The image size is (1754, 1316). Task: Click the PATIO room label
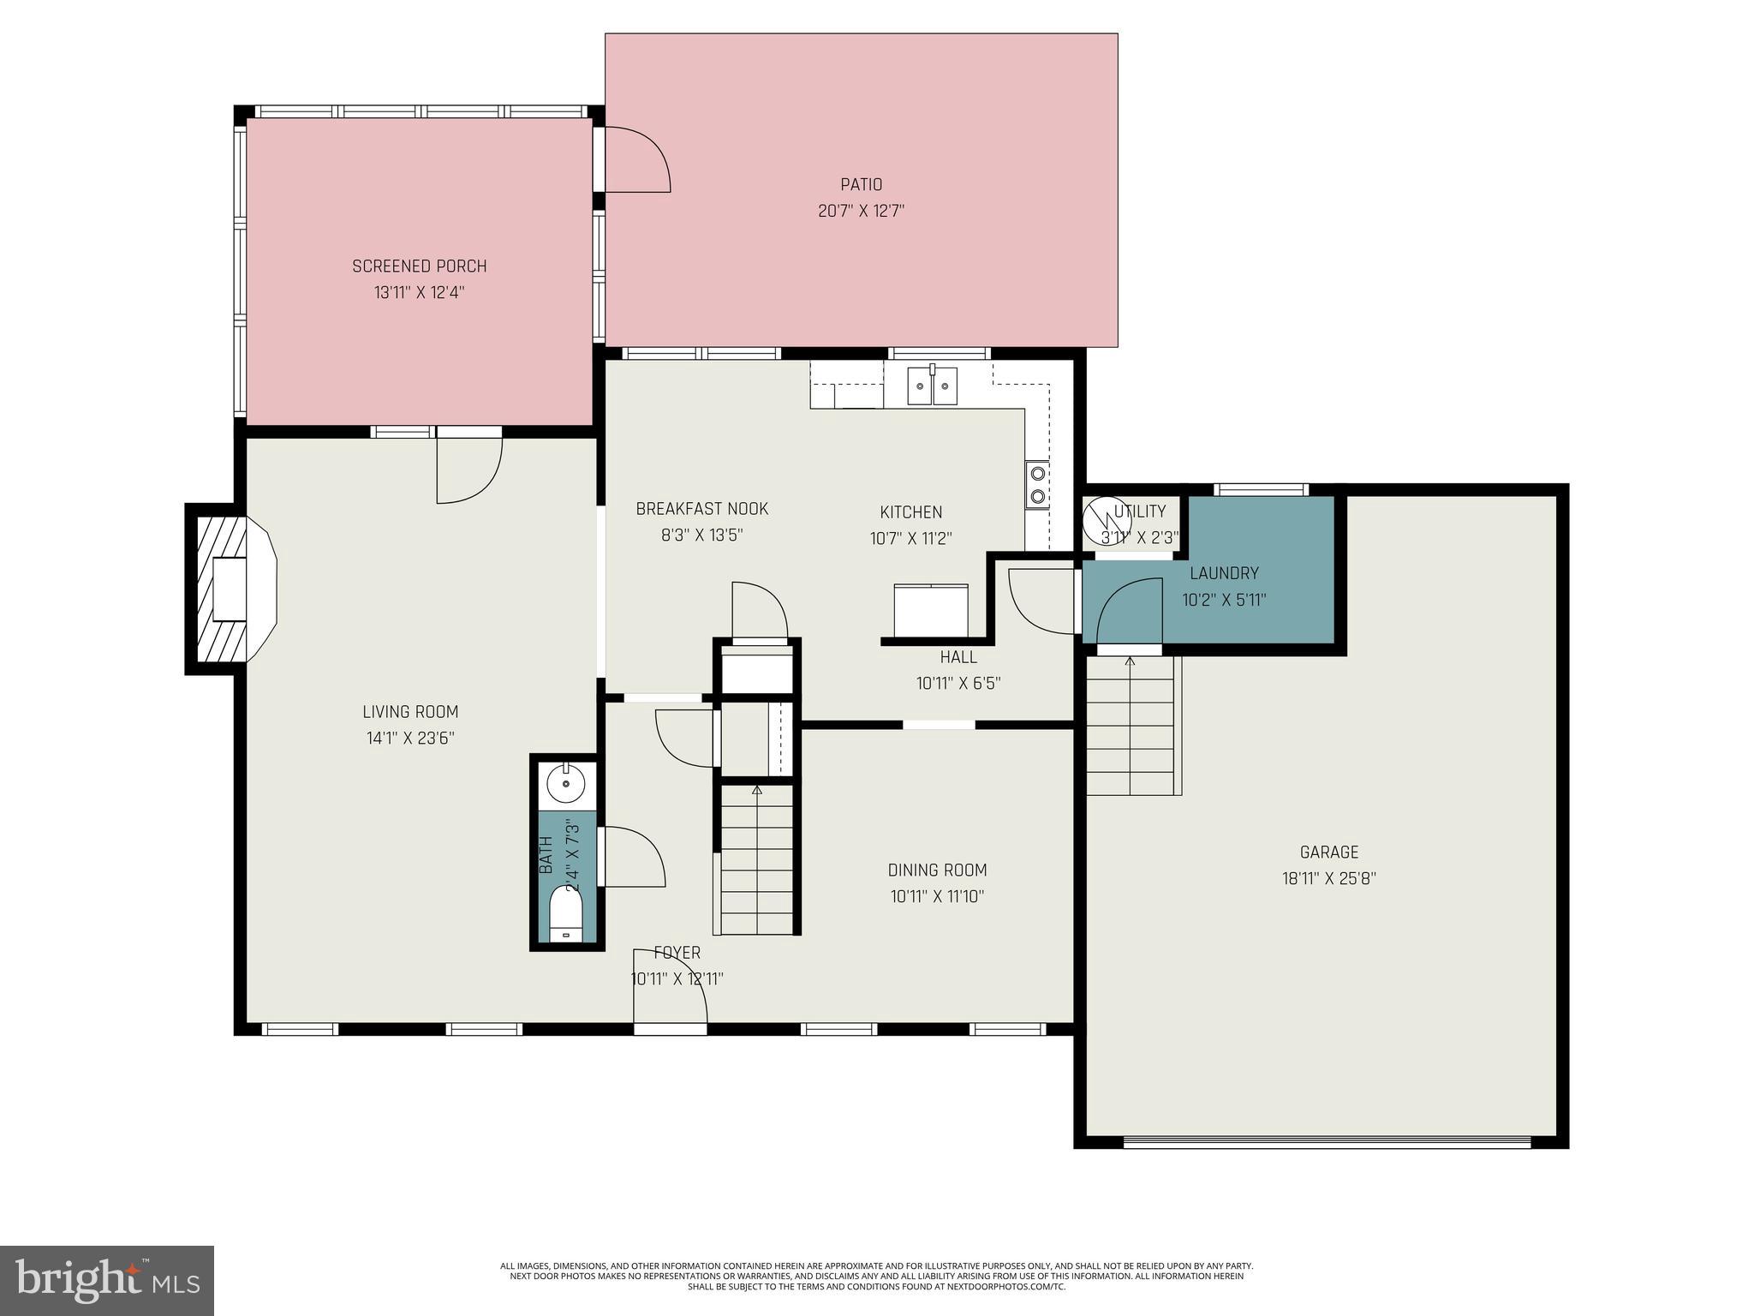click(x=861, y=184)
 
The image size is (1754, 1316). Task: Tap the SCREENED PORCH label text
click(x=419, y=266)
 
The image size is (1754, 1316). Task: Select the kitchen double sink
click(x=933, y=385)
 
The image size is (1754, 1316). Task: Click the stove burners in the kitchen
click(x=1037, y=484)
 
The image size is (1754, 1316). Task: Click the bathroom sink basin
click(x=565, y=782)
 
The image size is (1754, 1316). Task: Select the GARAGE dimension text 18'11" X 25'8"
click(x=1328, y=878)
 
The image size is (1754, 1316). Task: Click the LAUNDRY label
click(x=1224, y=573)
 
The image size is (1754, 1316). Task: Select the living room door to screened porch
click(x=468, y=470)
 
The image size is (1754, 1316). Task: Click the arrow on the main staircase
click(x=756, y=790)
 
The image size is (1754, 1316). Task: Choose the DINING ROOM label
click(x=937, y=870)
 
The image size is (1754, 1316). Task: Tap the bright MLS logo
click(x=106, y=1280)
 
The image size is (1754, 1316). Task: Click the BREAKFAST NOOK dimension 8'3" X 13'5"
click(x=701, y=535)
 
